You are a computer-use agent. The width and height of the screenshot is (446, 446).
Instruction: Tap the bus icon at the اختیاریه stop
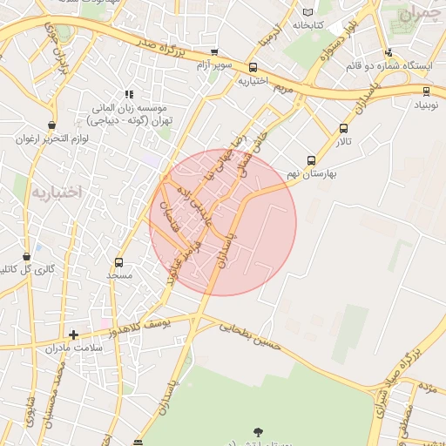253,67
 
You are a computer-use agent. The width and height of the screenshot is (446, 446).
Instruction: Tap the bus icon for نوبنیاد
426,90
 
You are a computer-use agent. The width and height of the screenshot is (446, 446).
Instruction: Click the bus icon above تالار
343,129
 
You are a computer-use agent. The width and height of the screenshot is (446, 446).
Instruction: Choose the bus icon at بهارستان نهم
311,160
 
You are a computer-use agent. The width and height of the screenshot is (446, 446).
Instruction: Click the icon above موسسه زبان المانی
129,94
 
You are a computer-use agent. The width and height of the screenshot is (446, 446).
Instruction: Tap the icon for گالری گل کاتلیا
27,257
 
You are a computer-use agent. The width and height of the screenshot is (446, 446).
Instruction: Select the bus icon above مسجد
118,261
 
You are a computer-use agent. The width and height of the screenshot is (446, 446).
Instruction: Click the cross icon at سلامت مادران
73,334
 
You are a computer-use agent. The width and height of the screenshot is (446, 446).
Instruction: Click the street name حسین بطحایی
250,336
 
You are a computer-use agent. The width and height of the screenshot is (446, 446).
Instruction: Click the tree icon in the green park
258,432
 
